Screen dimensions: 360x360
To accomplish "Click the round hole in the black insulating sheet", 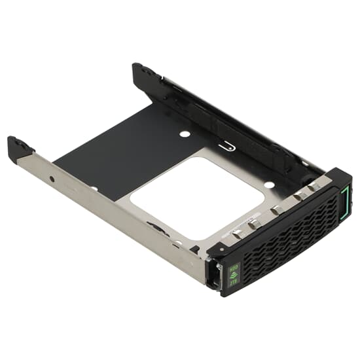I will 185,134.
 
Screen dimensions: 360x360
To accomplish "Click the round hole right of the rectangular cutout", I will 269,185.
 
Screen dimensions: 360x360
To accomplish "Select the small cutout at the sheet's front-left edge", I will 93,189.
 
